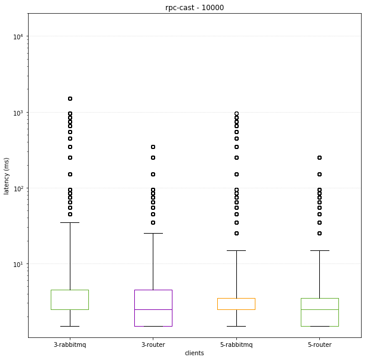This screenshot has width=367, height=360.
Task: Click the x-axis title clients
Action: tap(195, 353)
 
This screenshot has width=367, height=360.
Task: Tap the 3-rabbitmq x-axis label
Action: tap(70, 345)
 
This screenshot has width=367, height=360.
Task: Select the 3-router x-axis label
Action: tap(153, 345)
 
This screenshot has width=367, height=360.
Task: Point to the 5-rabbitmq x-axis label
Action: tap(236, 345)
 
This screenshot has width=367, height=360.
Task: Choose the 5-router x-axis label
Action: tap(320, 345)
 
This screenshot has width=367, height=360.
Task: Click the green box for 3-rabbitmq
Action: tap(70, 299)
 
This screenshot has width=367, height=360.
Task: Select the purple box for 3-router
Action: tap(153, 300)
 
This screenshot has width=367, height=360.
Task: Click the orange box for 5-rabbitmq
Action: tap(236, 303)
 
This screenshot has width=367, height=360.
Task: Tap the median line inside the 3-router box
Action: tap(153, 309)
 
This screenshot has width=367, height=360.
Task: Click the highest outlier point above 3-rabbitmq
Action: tap(70, 98)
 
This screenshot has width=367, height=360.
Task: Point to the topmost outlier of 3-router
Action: tap(153, 147)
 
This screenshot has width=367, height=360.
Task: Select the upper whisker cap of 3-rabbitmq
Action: tap(70, 222)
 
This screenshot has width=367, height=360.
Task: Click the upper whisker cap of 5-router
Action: tap(320, 250)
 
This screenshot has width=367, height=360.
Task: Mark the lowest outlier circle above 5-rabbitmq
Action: tap(236, 233)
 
